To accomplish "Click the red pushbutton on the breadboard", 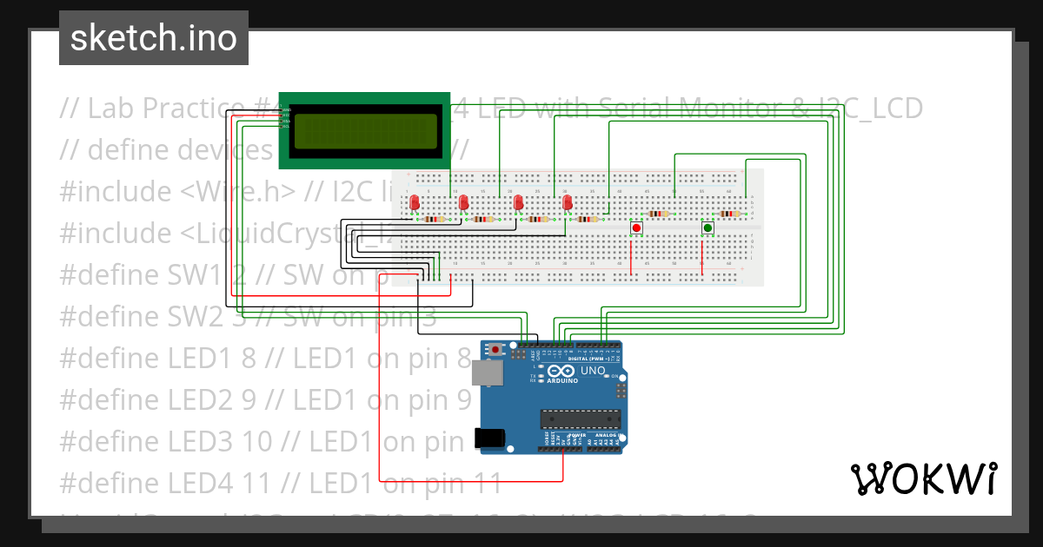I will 636,227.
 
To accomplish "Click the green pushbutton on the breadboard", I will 708,227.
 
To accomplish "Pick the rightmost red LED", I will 568,202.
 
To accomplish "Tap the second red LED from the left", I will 463,202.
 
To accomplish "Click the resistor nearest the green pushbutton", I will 729,213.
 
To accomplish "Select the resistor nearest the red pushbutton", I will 660,213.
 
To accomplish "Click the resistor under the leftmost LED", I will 432,220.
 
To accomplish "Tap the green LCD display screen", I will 365,131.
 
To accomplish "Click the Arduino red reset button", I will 495,350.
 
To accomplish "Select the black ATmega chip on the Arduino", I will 581,418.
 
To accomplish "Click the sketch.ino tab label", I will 153,38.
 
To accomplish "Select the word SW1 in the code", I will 206,274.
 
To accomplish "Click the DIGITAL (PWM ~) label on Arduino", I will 588,358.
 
